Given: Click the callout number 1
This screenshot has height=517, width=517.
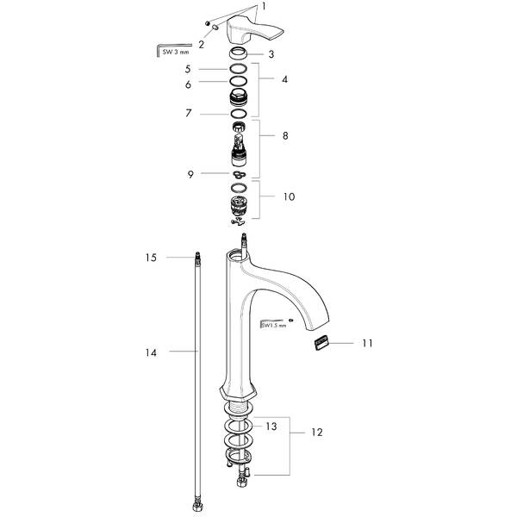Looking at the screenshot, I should pyautogui.click(x=264, y=7).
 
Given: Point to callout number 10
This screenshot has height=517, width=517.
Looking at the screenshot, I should pyautogui.click(x=289, y=196).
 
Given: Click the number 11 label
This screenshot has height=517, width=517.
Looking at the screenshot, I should pyautogui.click(x=367, y=343).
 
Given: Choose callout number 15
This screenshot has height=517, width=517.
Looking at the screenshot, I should pyautogui.click(x=150, y=257).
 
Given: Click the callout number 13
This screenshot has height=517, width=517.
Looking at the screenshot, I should pyautogui.click(x=271, y=426).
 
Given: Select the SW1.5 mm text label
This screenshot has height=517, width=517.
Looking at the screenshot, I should pyautogui.click(x=271, y=325).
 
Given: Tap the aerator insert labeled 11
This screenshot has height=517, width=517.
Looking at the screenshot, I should pyautogui.click(x=320, y=343).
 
